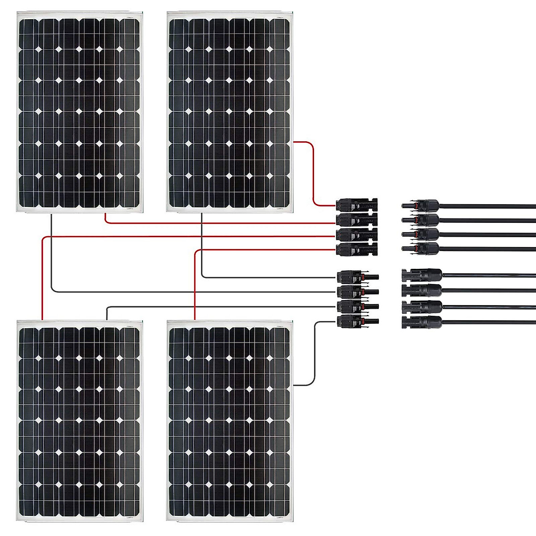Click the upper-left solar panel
(79, 112)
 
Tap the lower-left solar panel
(79, 420)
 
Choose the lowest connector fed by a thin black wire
(355, 321)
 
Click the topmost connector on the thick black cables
(422, 205)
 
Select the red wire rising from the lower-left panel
(42, 277)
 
